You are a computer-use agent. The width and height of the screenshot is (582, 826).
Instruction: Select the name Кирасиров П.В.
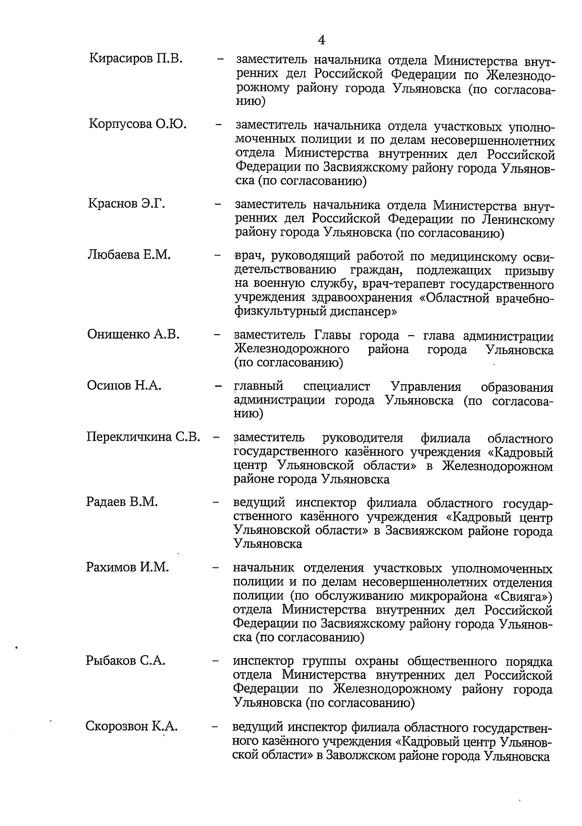click(x=136, y=59)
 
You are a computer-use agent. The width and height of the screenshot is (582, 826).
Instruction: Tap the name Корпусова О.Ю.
click(x=138, y=124)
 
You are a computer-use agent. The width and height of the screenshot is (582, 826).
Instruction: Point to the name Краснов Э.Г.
click(x=127, y=204)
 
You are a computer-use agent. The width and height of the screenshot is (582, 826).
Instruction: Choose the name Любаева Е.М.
click(x=129, y=255)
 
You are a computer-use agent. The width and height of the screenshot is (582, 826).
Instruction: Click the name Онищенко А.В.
click(x=133, y=335)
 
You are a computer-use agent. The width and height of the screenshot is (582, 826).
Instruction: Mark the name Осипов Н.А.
click(x=124, y=386)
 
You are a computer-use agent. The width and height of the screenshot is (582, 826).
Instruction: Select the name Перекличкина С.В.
click(x=143, y=437)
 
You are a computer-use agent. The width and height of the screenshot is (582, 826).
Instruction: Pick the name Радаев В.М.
click(x=122, y=502)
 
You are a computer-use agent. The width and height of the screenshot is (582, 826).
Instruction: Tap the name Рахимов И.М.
click(x=128, y=567)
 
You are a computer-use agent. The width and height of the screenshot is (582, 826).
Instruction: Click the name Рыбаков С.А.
click(x=126, y=661)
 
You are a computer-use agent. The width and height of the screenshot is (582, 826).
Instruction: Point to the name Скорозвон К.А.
click(x=132, y=727)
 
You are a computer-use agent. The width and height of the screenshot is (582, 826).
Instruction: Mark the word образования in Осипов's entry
click(x=517, y=387)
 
